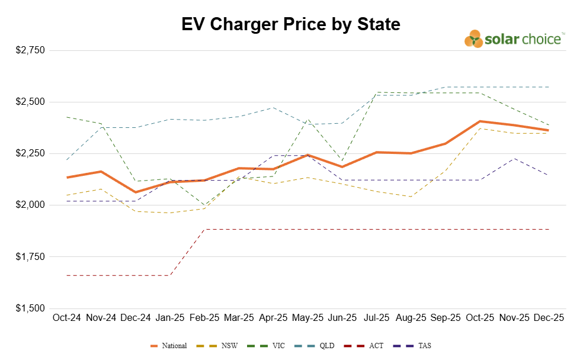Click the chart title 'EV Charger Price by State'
coord(291,24)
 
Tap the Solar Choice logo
coord(514,39)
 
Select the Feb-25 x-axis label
coord(204,318)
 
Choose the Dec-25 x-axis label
coord(549,318)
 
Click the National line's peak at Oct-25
coord(480,121)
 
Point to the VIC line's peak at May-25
coord(308,119)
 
